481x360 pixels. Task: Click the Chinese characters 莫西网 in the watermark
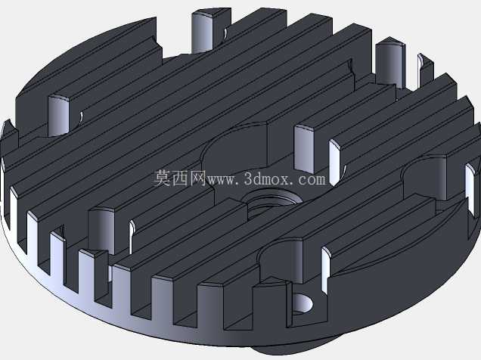179,178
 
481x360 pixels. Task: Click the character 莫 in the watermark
163,178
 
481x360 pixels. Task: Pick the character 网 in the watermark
197,178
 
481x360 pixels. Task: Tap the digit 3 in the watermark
248,178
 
